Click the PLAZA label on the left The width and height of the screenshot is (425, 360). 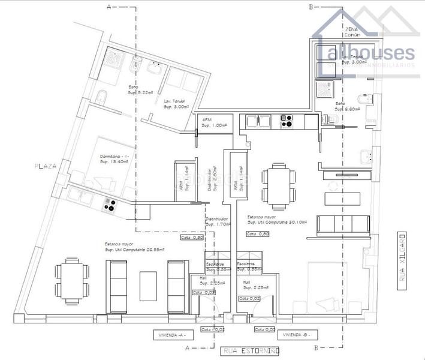click(45, 166)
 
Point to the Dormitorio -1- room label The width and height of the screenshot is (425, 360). click(114, 160)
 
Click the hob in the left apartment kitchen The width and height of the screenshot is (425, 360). click(110, 205)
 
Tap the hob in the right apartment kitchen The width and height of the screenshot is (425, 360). click(286, 121)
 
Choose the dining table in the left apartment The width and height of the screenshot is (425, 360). click(71, 280)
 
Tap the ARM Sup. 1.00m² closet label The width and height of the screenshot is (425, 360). click(214, 123)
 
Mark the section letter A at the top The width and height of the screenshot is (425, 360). click(108, 7)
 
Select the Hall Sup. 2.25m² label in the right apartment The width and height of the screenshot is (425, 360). click(250, 284)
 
